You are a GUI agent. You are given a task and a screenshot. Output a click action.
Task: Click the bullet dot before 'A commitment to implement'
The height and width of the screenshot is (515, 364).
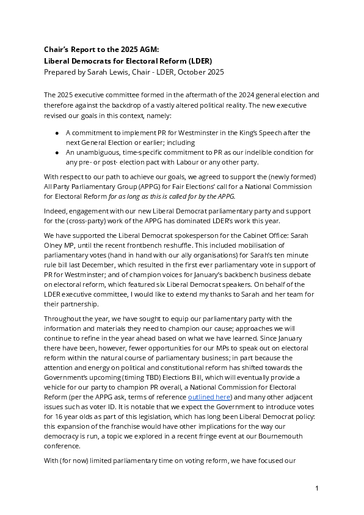(x=57, y=133)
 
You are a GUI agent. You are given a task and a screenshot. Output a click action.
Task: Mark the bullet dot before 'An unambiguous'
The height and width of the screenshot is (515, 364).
(x=57, y=152)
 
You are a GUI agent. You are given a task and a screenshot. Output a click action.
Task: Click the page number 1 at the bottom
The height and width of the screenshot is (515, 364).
(x=317, y=488)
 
